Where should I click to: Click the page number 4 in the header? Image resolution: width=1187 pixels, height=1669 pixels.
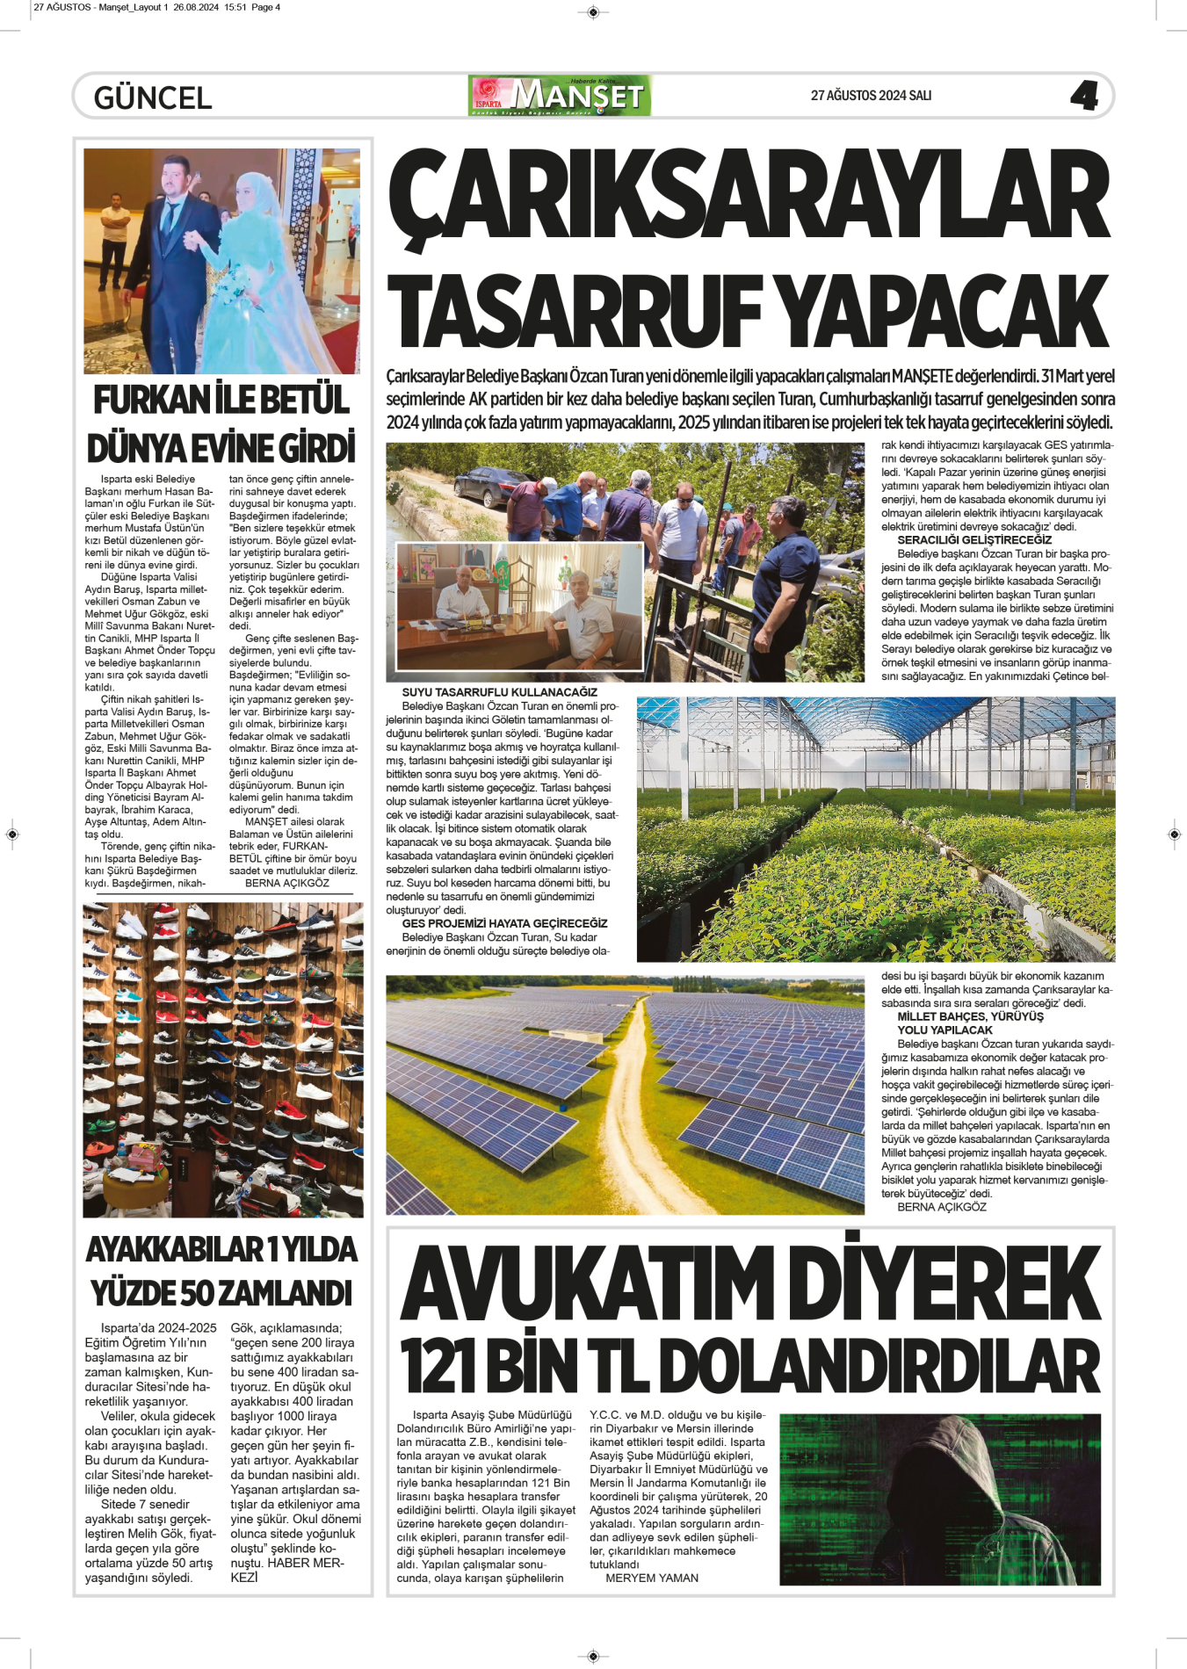(x=1084, y=96)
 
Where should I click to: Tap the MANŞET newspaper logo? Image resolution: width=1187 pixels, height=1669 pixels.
(x=561, y=96)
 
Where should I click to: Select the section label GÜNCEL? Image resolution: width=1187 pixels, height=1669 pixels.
(x=153, y=98)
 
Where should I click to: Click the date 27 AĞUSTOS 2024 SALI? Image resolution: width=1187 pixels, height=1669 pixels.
(x=871, y=96)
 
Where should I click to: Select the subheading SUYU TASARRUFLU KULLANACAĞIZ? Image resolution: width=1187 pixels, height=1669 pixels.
(x=499, y=692)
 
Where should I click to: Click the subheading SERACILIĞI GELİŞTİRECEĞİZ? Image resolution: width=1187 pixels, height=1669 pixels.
(x=973, y=540)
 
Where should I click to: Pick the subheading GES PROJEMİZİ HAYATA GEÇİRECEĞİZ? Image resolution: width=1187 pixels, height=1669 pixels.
(x=504, y=923)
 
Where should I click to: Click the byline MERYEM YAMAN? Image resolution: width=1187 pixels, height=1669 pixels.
(x=652, y=1578)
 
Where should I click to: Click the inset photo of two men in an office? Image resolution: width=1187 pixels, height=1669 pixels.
(x=519, y=606)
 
